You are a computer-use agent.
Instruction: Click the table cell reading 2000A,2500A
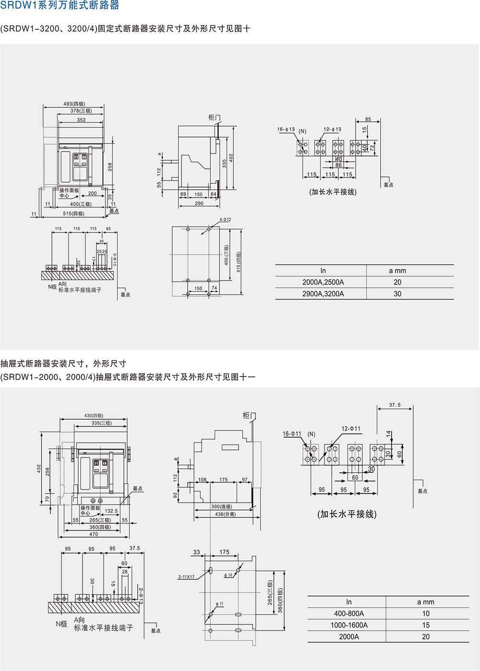click(323, 282)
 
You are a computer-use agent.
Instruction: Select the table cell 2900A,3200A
click(323, 294)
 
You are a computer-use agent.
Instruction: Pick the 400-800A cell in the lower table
click(349, 613)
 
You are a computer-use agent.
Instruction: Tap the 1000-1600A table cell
click(349, 625)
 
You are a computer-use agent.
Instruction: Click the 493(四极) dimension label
click(74, 104)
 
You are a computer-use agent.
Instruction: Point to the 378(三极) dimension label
click(81, 111)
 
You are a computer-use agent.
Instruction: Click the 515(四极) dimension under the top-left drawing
click(73, 214)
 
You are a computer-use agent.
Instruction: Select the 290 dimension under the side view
click(199, 203)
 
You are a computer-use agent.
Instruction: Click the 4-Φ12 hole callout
click(225, 220)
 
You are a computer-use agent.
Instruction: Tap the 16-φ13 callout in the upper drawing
click(286, 129)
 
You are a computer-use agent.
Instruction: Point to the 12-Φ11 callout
click(351, 429)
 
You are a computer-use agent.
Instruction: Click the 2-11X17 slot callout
click(186, 577)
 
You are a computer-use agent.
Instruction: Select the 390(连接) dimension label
click(221, 506)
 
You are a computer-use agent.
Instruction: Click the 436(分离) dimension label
click(225, 514)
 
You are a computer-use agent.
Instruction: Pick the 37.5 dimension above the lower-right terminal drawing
click(395, 405)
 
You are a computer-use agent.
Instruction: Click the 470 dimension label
click(94, 534)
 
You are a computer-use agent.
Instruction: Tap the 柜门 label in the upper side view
click(215, 118)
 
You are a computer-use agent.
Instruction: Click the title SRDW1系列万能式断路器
click(60, 6)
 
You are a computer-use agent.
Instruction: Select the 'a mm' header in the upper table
click(397, 271)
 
